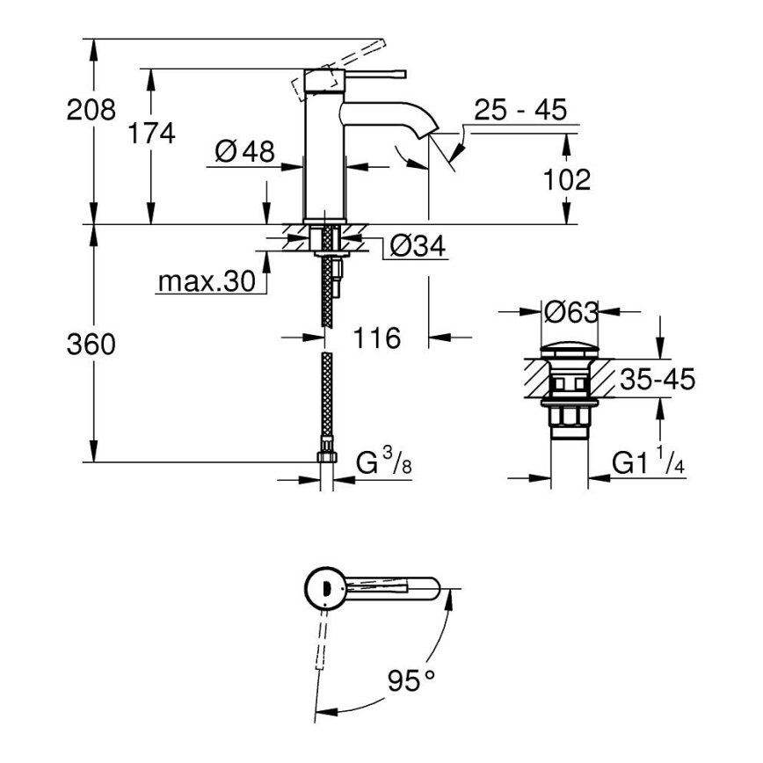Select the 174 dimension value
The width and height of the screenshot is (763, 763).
click(151, 134)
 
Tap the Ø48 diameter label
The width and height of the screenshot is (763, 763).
click(243, 152)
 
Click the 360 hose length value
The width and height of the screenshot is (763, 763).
click(91, 345)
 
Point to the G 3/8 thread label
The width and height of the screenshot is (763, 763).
click(384, 463)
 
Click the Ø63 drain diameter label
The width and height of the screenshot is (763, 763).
click(570, 312)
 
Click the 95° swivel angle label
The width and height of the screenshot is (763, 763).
click(411, 679)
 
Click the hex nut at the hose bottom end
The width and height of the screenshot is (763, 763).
click(327, 457)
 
